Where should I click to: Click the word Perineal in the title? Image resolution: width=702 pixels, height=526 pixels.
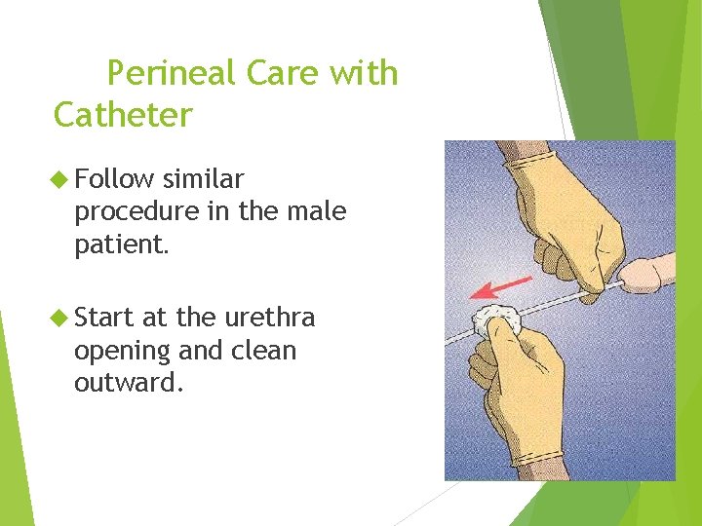172,74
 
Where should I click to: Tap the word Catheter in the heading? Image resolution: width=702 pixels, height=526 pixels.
123,115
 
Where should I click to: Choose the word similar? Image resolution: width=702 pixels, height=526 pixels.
204,179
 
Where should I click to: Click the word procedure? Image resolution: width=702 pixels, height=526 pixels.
137,211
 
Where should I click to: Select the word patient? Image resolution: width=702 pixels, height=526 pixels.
122,244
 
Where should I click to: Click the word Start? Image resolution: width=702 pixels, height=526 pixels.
104,319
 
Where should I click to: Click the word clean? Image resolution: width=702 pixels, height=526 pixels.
262,350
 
